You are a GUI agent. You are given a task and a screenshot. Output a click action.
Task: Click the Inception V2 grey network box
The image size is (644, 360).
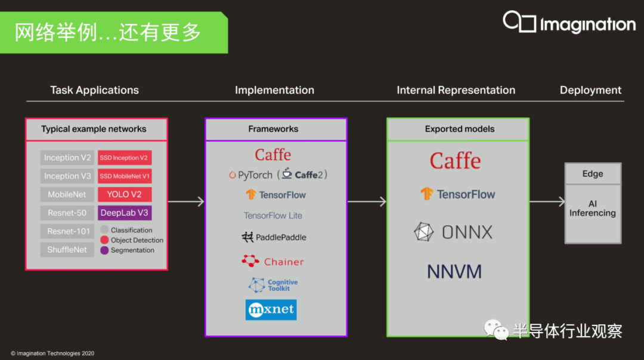(x=67, y=157)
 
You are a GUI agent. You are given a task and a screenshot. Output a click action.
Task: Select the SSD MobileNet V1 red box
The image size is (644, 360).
(x=125, y=176)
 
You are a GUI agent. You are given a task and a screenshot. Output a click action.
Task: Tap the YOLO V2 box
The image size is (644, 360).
(x=125, y=194)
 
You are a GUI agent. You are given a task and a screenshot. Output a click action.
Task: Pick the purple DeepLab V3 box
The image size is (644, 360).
(x=125, y=213)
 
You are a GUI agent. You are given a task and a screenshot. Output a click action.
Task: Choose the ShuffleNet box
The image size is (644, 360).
(x=67, y=250)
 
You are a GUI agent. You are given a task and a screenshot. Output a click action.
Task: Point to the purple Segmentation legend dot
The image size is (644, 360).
(x=104, y=250)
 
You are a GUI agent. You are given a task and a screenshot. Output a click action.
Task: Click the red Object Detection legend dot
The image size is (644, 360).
(x=104, y=240)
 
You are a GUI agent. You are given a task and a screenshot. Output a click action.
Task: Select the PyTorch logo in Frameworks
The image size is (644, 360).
(x=250, y=175)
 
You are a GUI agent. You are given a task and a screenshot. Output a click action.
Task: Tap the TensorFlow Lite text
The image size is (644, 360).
(x=273, y=216)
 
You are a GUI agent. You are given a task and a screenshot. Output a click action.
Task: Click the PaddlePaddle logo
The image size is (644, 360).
(x=274, y=237)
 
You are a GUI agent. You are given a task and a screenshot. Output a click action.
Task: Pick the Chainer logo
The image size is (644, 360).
(x=273, y=262)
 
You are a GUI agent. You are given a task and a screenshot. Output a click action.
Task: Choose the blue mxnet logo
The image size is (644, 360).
(x=271, y=309)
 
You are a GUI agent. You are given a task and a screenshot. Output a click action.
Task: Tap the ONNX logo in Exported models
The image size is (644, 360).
(x=453, y=232)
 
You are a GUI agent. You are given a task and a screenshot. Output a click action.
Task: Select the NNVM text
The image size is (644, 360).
(x=454, y=272)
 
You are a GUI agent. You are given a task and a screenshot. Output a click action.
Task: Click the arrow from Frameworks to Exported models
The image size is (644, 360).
(x=367, y=201)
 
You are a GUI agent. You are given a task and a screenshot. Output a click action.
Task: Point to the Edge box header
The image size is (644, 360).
(x=593, y=173)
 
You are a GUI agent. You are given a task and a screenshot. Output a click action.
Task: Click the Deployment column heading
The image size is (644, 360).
(x=590, y=91)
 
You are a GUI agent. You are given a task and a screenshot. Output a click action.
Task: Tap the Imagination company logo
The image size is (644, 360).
(x=569, y=23)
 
